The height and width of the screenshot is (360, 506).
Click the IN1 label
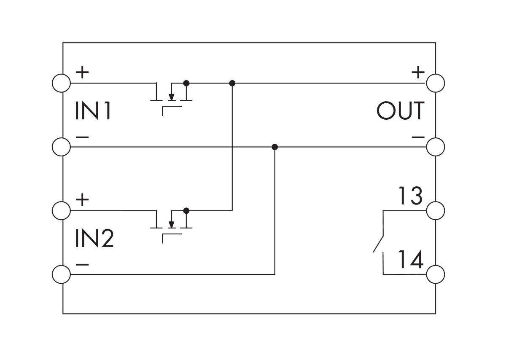(x=93, y=111)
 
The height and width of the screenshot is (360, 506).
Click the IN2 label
(x=94, y=239)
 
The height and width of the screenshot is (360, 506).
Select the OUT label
(x=400, y=111)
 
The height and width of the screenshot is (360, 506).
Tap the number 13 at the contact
(x=410, y=196)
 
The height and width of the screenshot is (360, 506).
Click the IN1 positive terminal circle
(x=61, y=83)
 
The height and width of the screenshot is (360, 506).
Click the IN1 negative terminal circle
(x=61, y=147)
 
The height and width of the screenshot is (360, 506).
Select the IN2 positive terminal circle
(x=61, y=210)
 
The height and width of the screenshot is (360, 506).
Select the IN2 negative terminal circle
(x=61, y=274)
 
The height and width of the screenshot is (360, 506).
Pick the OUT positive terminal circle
(x=436, y=83)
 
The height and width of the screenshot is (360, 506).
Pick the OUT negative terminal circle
(x=436, y=147)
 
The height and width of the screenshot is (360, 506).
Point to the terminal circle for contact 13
(x=436, y=210)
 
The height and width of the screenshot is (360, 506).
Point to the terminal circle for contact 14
(x=436, y=274)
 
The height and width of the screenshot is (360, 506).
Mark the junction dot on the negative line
(x=275, y=147)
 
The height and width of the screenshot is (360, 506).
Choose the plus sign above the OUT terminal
(x=418, y=73)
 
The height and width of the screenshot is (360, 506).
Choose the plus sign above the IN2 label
(x=83, y=199)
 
